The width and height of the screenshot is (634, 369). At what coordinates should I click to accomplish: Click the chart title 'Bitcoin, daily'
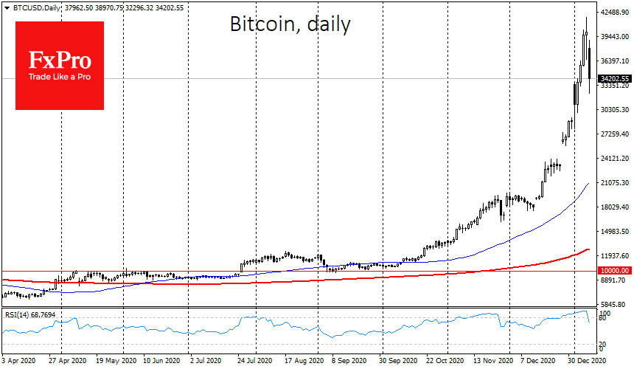290,25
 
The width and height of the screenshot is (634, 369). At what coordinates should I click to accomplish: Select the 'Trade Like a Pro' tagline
59,77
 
